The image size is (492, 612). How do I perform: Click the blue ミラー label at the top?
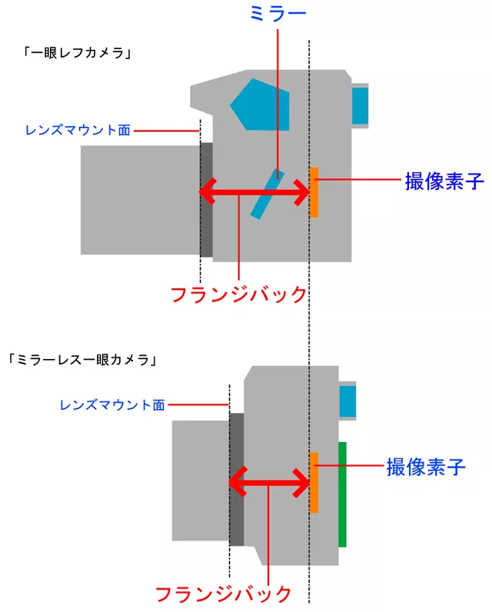[x=278, y=14]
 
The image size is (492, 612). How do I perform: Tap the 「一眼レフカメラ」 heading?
[x=78, y=53]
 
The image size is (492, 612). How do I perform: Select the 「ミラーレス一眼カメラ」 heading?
[x=83, y=360]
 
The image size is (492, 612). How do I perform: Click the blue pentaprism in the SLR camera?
[x=260, y=105]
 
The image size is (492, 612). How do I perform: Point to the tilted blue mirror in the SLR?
[x=268, y=194]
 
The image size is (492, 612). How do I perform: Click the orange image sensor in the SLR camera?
[x=314, y=192]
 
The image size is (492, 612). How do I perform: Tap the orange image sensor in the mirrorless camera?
[x=314, y=482]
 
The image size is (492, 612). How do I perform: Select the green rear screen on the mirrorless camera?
[x=342, y=494]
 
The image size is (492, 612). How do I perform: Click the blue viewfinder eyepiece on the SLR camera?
[x=360, y=105]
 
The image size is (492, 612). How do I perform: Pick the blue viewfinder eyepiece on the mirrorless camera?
[x=347, y=401]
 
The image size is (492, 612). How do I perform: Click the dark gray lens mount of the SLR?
[x=206, y=199]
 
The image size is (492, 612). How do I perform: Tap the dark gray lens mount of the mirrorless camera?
[x=237, y=480]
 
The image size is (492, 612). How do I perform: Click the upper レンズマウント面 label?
[x=78, y=130]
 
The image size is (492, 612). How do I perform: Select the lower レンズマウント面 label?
[x=112, y=405]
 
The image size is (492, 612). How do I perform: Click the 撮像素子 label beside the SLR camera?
[x=444, y=181]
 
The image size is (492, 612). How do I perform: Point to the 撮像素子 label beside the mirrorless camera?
[x=426, y=467]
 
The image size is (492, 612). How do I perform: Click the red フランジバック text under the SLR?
[x=239, y=294]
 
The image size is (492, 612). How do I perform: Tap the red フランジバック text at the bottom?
[x=223, y=594]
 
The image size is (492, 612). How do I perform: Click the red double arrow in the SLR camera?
[x=254, y=191]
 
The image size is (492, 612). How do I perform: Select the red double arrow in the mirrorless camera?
[x=269, y=482]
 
